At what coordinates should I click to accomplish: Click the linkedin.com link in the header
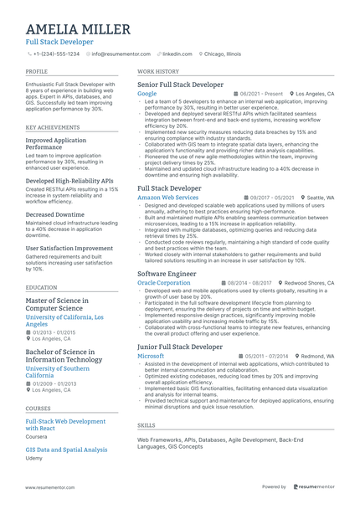point(178,54)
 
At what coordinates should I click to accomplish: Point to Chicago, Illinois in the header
point(221,54)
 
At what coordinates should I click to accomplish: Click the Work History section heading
point(158,72)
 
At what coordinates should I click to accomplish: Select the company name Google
point(147,94)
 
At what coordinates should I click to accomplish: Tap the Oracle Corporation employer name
point(163,283)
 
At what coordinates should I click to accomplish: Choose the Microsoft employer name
point(151,356)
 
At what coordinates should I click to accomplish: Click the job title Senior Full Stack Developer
point(180,85)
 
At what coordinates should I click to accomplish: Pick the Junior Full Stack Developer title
point(180,347)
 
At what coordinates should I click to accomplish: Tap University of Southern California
point(58,372)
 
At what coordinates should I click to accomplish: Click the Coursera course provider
point(37,436)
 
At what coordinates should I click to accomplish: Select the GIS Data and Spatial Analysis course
point(66,450)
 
